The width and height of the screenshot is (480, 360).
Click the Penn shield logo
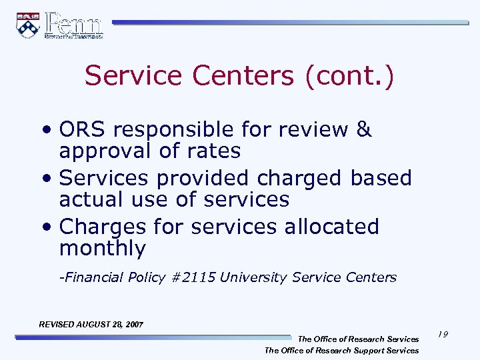pos(28,25)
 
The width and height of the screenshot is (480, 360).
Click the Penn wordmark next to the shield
pos(74,25)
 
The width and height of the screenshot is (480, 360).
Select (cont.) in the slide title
pos(349,76)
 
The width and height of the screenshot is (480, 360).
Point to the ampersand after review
pos(363,129)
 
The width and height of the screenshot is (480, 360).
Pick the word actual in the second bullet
pos(91,199)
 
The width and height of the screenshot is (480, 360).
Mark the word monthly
pos(103,249)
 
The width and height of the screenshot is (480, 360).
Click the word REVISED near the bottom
pos(57,325)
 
